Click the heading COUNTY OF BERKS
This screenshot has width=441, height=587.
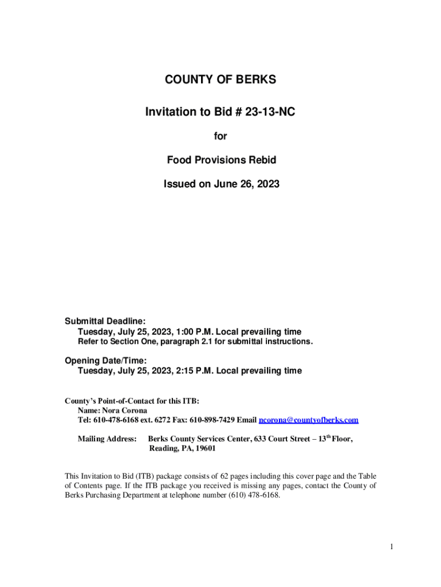pyautogui.click(x=220, y=80)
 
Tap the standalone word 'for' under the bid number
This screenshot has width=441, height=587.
pyautogui.click(x=220, y=136)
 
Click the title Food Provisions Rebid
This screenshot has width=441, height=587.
pyautogui.click(x=221, y=160)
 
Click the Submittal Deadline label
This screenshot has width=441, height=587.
pyautogui.click(x=105, y=321)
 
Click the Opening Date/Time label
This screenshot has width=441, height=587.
pyautogui.click(x=106, y=360)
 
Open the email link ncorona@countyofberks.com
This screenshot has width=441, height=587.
pyautogui.click(x=309, y=420)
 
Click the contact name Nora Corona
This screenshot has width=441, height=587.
pyautogui.click(x=125, y=410)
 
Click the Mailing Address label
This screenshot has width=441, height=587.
pyautogui.click(x=107, y=439)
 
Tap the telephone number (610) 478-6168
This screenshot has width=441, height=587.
pyautogui.click(x=254, y=495)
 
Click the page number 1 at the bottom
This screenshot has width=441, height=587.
pyautogui.click(x=392, y=547)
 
